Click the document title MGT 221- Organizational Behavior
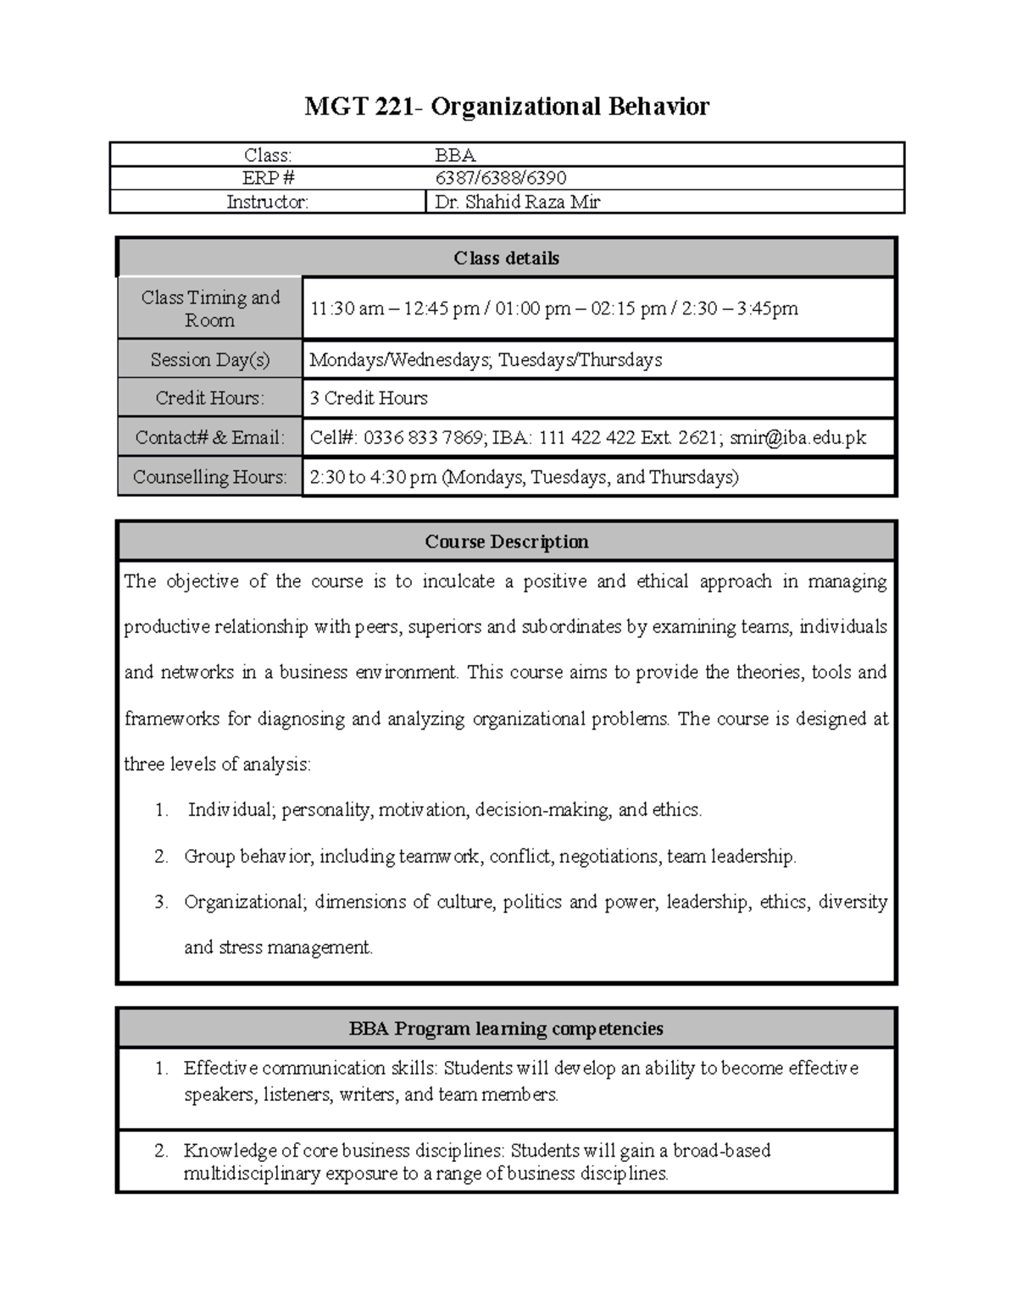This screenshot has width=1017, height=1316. point(507,107)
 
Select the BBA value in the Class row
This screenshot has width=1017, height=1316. point(455,155)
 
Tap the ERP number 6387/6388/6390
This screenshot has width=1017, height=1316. point(500,178)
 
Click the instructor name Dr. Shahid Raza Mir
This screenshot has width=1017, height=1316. point(517,202)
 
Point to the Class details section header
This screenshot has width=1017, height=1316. point(506,258)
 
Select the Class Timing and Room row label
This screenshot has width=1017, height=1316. point(210,308)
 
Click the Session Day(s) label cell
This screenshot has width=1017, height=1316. point(210,360)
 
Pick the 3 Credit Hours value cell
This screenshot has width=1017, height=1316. point(369,398)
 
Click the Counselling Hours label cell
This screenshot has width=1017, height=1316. point(210,477)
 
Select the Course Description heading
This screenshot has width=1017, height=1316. point(506,541)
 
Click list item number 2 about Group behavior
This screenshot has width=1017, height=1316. point(490,857)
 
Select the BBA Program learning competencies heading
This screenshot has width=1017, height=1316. point(506,1029)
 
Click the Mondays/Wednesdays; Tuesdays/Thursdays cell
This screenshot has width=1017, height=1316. point(486,360)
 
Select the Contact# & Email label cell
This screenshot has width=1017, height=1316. point(210,438)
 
